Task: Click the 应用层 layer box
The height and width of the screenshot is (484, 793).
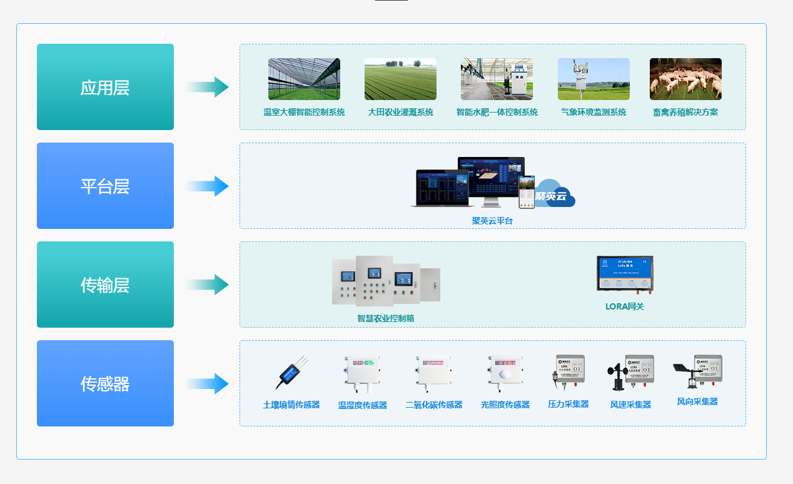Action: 105,87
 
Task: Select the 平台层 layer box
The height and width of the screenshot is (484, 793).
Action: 105,186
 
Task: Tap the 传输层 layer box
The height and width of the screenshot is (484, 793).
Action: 105,285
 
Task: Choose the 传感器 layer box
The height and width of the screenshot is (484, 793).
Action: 105,383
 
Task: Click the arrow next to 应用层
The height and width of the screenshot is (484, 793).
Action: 208,87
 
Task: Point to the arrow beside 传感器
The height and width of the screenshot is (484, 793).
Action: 208,383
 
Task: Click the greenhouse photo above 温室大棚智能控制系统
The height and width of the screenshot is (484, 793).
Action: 304,79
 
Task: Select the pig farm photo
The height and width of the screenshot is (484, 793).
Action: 685,79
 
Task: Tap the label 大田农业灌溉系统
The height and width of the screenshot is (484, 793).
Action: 400,113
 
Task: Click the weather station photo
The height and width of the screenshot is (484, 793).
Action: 593,79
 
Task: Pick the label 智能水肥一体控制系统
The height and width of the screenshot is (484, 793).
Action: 497,113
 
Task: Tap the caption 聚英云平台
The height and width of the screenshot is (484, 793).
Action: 492,221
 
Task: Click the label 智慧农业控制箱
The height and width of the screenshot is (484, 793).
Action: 385,318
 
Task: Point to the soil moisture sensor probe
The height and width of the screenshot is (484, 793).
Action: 291,373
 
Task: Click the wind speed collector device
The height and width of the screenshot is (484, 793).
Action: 630,373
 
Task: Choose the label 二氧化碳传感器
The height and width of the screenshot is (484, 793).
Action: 434,405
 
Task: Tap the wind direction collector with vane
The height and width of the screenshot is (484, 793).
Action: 697,371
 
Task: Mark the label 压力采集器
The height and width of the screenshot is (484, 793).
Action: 568,404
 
